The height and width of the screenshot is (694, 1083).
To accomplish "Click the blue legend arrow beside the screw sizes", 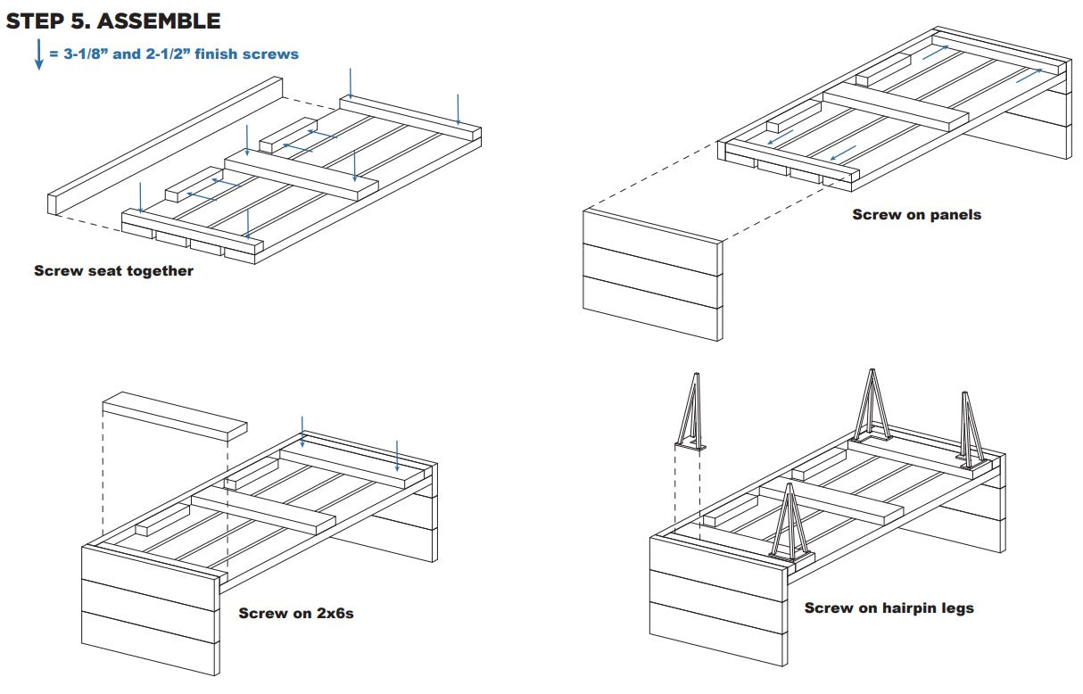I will pos(38,54).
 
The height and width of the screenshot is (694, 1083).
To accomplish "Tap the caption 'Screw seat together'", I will pos(113,270).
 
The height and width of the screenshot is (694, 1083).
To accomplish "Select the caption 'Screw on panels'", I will pos(916,214).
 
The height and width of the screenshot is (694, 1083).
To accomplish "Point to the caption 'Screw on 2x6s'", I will pos(296,613).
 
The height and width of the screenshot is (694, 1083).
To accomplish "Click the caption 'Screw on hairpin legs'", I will pos(889,607).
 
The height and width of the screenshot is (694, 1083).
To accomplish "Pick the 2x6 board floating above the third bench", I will pos(174,415).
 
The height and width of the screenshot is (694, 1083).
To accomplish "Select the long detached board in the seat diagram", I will pos(165,145).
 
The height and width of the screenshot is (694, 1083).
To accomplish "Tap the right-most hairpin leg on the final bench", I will pos(971,430).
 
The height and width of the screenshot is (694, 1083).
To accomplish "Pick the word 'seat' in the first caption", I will pos(94,270).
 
